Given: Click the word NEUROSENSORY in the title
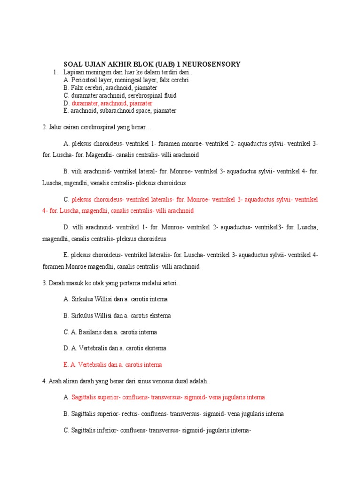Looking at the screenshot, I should click(215, 64).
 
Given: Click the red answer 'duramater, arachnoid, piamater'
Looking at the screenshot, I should click(112, 103).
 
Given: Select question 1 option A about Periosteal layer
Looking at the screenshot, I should click(126, 80).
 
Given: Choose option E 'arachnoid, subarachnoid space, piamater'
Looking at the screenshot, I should click(120, 111).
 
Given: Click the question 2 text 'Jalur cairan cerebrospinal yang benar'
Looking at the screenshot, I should click(99, 127).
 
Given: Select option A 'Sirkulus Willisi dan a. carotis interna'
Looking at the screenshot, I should click(115, 299).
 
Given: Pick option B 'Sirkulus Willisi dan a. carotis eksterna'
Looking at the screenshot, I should click(117, 316).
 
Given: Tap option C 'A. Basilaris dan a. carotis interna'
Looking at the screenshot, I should click(110, 332).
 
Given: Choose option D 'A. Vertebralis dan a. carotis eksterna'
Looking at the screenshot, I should click(115, 349).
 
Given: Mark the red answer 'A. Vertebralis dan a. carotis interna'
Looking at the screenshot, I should click(113, 365).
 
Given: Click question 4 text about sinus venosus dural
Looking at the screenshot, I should click(127, 381).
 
